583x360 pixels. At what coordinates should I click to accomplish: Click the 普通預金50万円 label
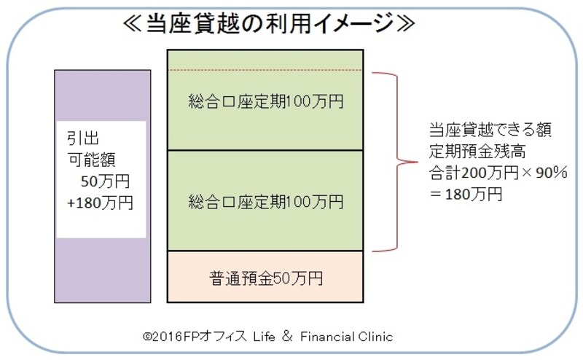(x=265, y=278)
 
